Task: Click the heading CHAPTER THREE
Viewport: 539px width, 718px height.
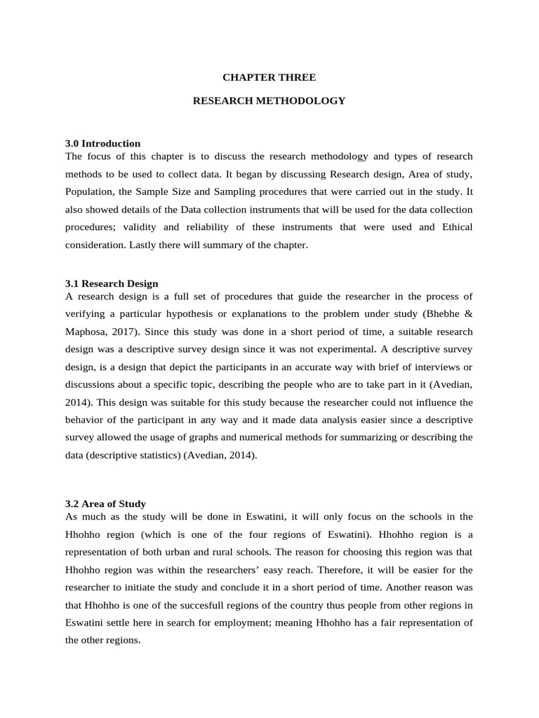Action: [x=269, y=77]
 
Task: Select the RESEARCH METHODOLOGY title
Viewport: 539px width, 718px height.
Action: [x=269, y=101]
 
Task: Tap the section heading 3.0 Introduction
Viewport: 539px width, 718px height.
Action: [x=102, y=144]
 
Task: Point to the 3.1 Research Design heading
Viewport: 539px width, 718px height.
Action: [x=112, y=284]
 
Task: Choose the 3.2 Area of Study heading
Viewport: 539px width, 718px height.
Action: [x=105, y=503]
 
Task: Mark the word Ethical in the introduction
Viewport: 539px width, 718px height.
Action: [x=457, y=228]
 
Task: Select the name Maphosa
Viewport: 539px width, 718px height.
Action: [x=84, y=332]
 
